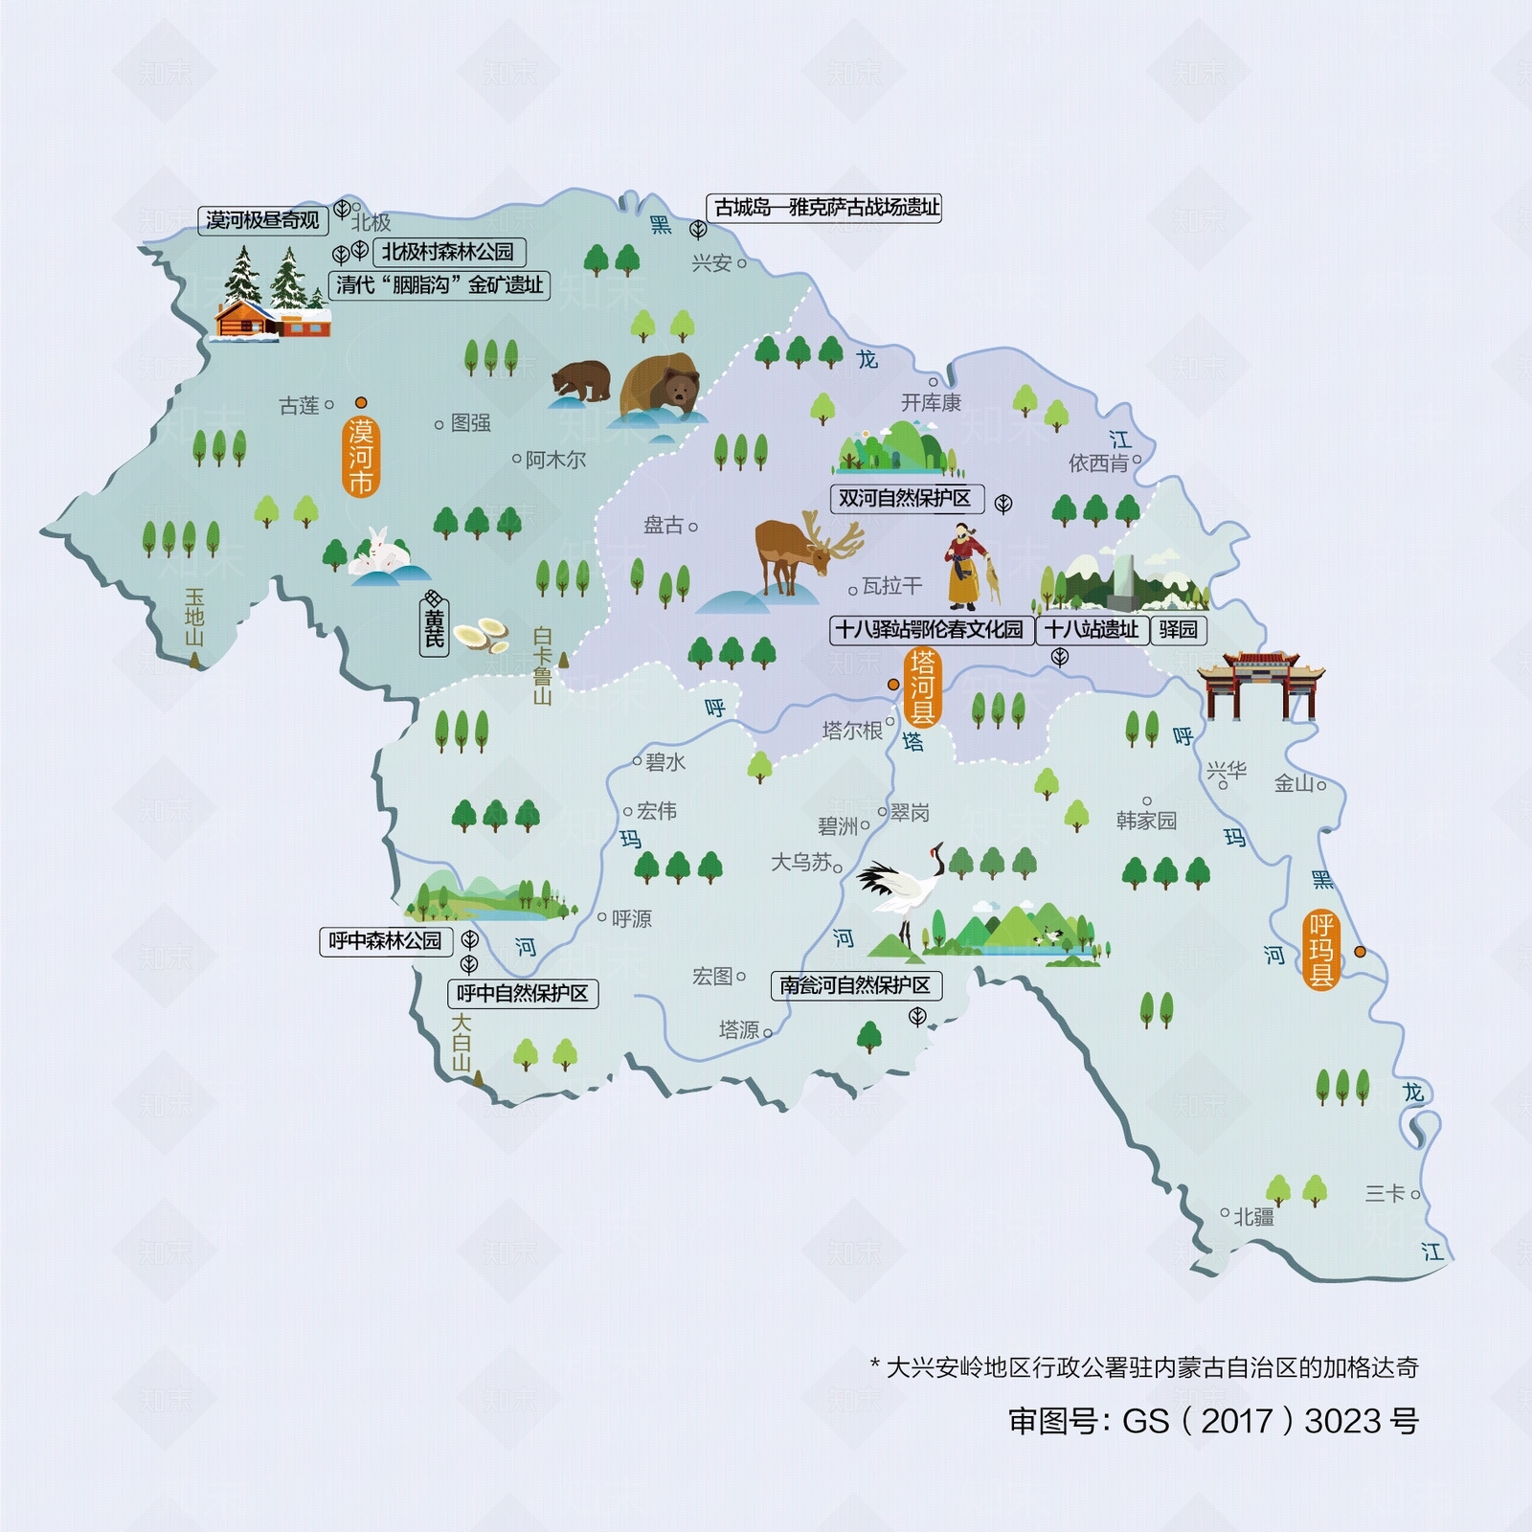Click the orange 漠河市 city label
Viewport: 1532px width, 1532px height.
coord(361,457)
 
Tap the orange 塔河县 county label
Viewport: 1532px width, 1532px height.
coord(922,687)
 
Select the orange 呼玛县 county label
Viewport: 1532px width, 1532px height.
coord(1321,951)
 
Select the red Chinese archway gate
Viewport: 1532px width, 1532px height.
coord(1260,685)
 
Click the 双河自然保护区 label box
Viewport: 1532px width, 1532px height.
coord(905,498)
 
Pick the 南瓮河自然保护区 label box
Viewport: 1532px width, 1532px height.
coord(855,985)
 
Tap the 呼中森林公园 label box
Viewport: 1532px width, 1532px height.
coord(385,941)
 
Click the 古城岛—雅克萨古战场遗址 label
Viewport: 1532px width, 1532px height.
coord(826,207)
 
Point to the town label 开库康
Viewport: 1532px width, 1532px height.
coord(931,402)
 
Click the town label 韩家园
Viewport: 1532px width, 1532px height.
coord(1146,821)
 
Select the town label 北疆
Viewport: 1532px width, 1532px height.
coord(1253,1217)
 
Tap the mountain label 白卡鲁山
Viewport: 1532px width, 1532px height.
coord(542,665)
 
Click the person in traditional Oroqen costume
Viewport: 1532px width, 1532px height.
coord(966,567)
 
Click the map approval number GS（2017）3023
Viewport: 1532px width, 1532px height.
coord(1213,1421)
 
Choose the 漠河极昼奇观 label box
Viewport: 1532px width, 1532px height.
coord(263,220)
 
